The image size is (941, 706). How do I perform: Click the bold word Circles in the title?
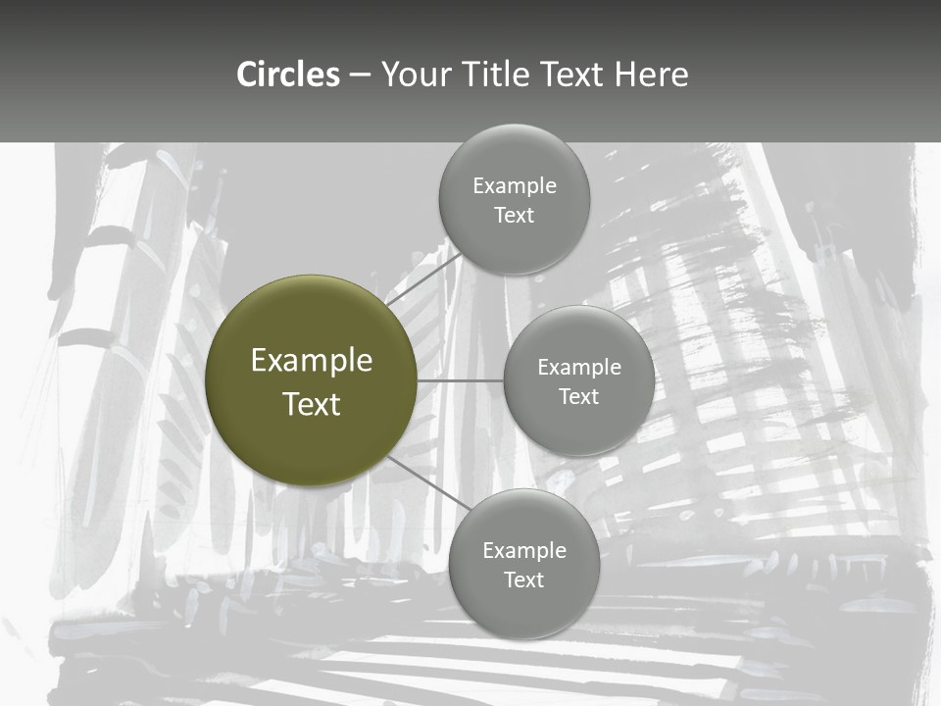[288, 75]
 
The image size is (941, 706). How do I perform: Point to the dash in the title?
[360, 76]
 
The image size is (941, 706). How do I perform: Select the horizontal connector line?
[461, 380]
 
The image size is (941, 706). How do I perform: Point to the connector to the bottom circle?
[430, 482]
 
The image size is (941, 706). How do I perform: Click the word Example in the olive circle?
[312, 361]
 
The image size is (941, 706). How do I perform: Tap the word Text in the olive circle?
[312, 404]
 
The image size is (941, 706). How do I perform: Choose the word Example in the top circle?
[515, 186]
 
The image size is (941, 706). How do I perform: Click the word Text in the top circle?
[515, 216]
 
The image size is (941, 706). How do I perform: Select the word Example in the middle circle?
[579, 368]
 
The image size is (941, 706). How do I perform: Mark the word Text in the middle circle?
[579, 397]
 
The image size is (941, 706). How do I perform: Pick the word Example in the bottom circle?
[524, 551]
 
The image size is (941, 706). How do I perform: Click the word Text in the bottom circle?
[524, 580]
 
